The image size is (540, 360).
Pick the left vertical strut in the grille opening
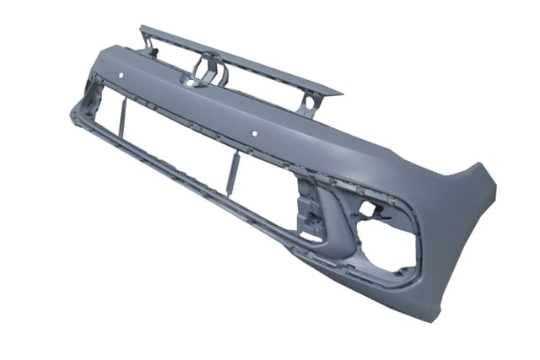[x=121, y=118]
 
